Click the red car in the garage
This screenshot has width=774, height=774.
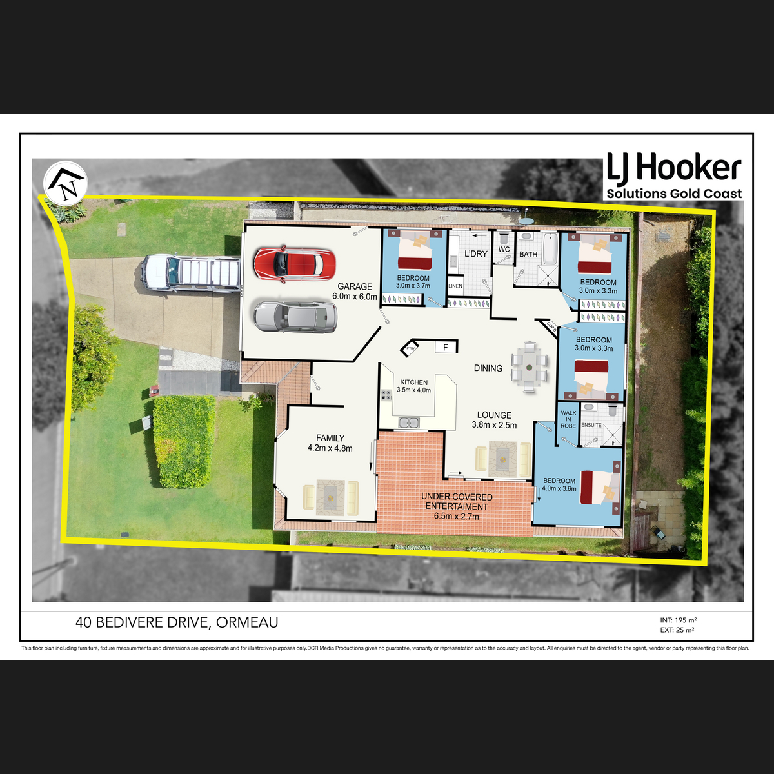[294, 264]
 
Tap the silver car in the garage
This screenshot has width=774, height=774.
[295, 317]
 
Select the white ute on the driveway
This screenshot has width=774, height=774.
[191, 273]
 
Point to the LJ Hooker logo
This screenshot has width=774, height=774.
[674, 175]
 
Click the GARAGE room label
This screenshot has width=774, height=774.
[355, 286]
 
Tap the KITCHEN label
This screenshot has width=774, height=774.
[413, 382]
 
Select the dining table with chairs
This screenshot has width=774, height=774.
[530, 367]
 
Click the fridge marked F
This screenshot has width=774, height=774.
[446, 347]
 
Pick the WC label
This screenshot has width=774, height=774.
[504, 249]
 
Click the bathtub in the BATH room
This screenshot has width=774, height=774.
[550, 249]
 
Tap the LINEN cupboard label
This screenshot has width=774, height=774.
[455, 286]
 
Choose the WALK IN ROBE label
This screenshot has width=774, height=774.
[568, 419]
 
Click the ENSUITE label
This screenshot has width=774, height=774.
[591, 425]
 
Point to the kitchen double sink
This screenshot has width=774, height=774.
[409, 422]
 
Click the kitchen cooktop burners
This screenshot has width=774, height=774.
[386, 395]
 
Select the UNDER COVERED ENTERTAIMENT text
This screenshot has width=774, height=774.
[457, 502]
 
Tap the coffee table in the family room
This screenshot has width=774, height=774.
[330, 497]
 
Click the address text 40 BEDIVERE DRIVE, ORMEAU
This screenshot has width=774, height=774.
[177, 622]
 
